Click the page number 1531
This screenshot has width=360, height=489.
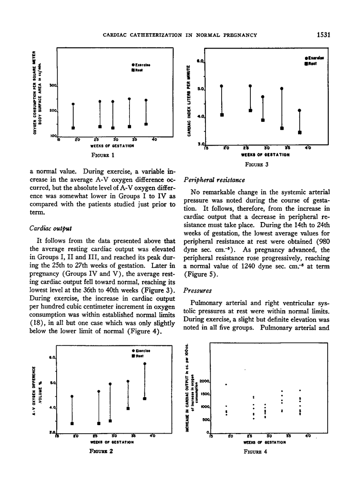(x=324, y=35)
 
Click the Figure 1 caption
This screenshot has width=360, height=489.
(x=103, y=154)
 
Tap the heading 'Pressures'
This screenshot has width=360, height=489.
(x=197, y=290)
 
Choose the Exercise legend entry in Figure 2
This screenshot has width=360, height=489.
(x=139, y=350)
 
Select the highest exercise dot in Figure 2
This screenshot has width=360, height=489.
(x=145, y=364)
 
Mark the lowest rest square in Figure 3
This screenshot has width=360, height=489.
(x=300, y=132)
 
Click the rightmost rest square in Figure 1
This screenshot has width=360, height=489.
(x=146, y=124)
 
